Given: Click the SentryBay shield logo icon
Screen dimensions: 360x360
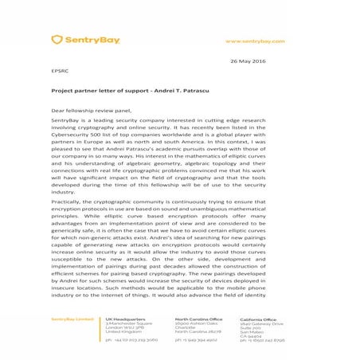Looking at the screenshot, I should point(58,39).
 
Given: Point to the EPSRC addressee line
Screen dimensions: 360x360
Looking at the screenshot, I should point(61,72).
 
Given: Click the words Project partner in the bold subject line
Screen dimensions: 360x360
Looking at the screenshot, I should point(73,91).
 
